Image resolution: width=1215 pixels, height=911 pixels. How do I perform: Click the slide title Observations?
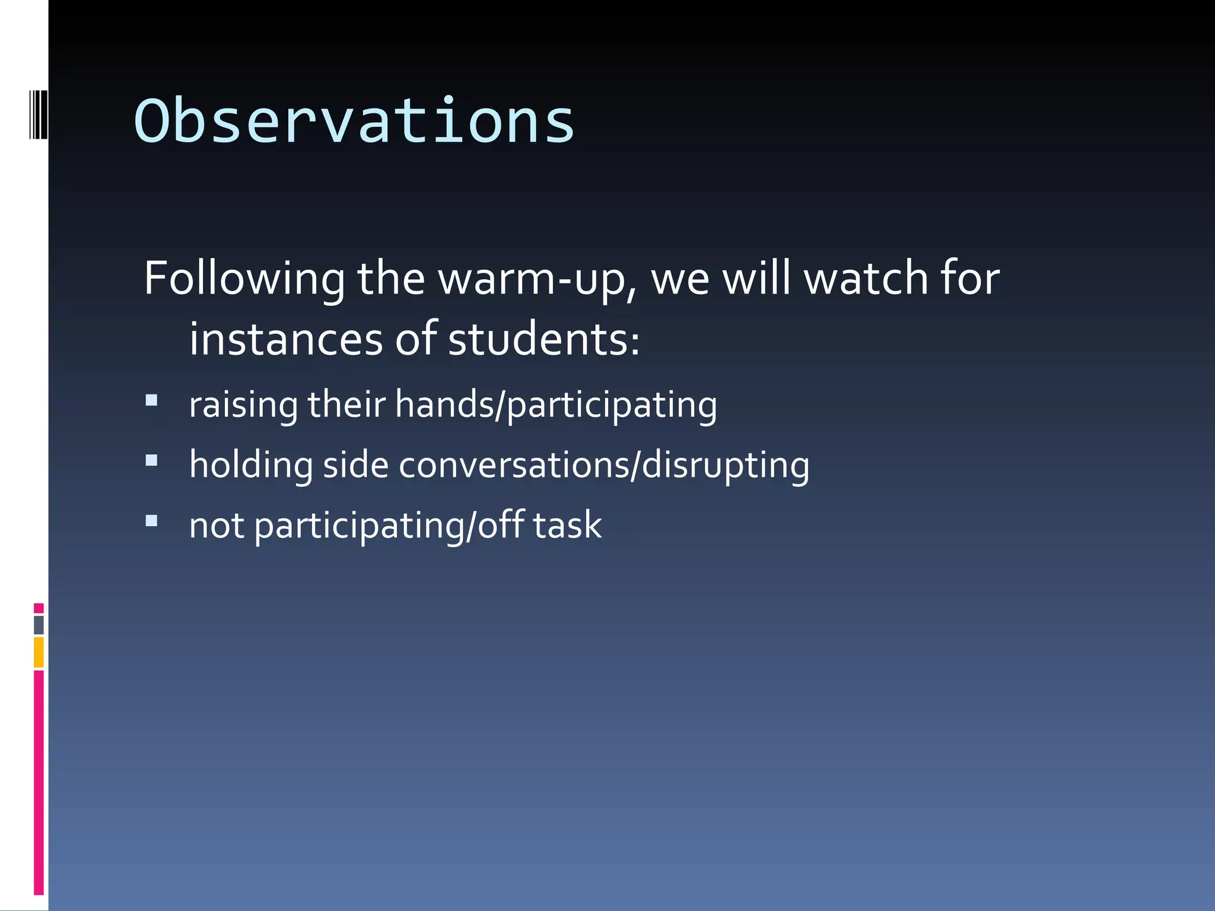(354, 122)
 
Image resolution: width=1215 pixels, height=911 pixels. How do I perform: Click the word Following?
(244, 279)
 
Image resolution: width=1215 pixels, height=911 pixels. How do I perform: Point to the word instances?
(286, 340)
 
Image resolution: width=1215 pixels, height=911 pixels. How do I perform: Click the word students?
(543, 340)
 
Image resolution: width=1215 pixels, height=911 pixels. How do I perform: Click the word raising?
(243, 405)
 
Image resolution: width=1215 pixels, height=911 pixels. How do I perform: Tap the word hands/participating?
(556, 405)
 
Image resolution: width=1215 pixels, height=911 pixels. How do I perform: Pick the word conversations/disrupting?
(604, 465)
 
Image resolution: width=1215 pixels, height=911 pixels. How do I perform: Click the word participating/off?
(389, 526)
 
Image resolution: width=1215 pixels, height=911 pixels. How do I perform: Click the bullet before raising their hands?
(152, 400)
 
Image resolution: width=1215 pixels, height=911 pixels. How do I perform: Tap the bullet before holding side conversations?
(152, 461)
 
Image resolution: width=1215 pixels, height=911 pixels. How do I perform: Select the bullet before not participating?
(152, 521)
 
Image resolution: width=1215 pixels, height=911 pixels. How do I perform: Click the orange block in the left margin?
(39, 652)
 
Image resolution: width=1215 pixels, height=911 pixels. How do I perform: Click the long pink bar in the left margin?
(39, 782)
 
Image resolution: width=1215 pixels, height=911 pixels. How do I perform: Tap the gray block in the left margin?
(39, 625)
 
